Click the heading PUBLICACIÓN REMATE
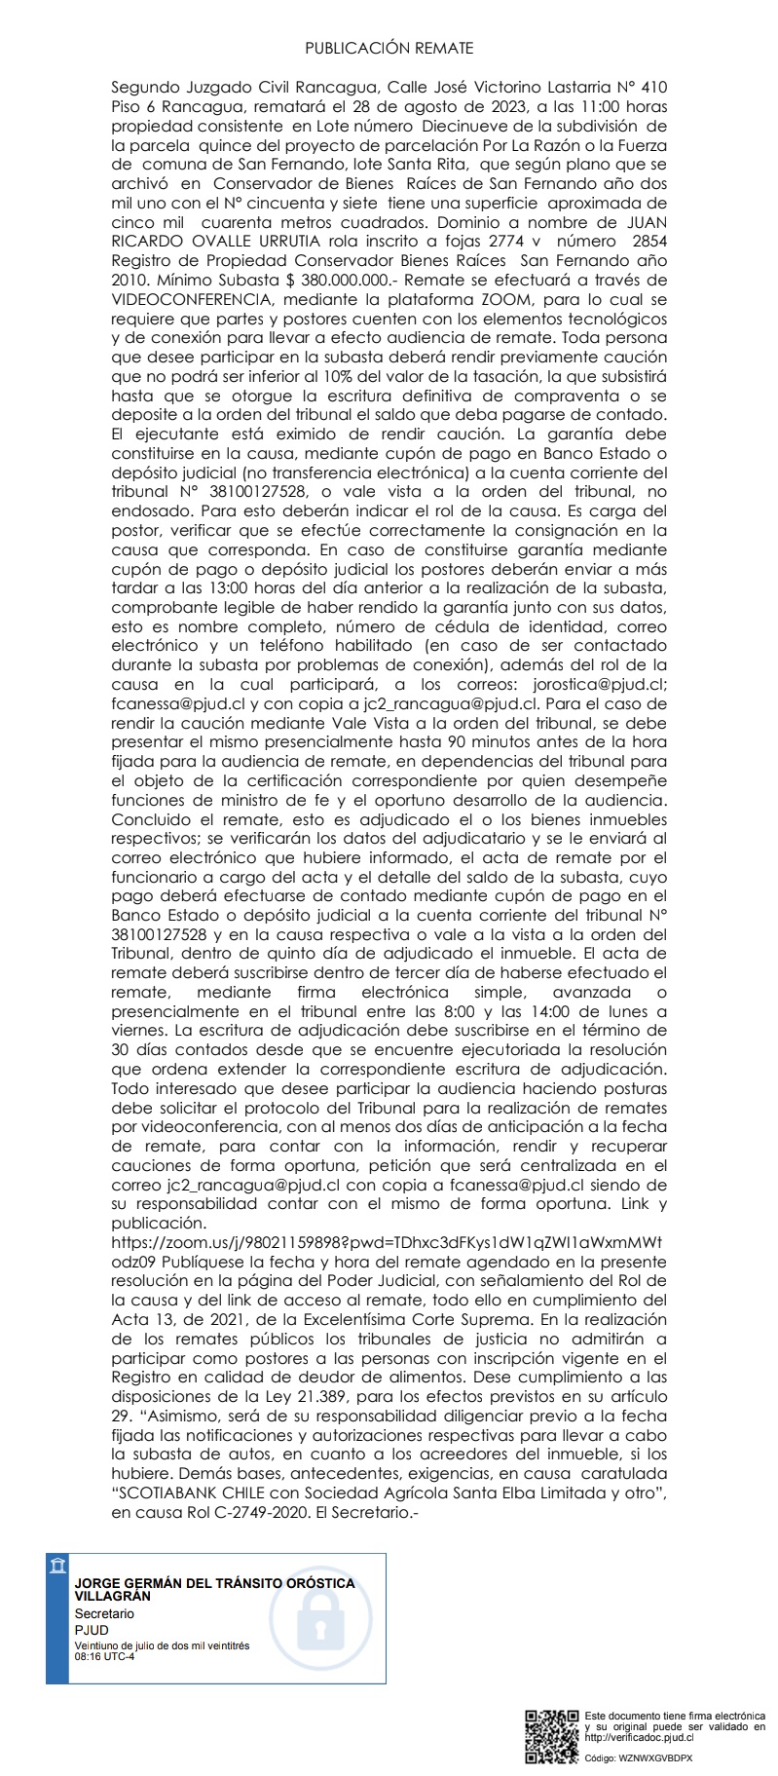pos(389,48)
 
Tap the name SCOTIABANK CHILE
pos(186,1493)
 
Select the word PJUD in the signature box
pos(92,1629)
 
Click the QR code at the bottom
pos(551,1735)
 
